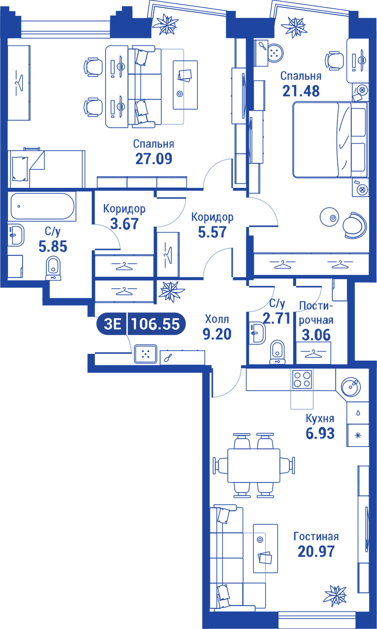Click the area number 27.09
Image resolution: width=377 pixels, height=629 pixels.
pos(154,159)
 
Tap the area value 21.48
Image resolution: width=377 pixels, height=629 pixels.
pos(301,91)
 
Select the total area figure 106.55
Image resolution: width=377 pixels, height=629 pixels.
pos(155,324)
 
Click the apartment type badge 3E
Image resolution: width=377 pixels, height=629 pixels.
pos(113,324)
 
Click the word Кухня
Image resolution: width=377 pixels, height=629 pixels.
pos(320,418)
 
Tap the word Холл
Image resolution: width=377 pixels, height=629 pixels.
pos(217,319)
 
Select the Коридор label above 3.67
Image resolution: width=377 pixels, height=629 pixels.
pos(124,209)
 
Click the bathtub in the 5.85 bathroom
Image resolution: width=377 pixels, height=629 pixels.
pos(43,206)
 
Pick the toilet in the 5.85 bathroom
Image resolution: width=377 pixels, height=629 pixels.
pos(53,268)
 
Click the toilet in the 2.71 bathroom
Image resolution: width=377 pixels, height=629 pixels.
pos(277,352)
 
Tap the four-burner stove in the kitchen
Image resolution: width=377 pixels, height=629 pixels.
pos(302,379)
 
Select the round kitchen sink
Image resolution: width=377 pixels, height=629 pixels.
pos(351,387)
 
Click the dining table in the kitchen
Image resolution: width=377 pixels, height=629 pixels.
pos(254,465)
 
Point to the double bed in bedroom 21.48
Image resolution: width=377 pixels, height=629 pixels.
pos(330,140)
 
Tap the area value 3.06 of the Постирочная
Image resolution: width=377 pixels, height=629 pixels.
pos(316,335)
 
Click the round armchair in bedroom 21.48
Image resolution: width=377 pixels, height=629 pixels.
pos(355,225)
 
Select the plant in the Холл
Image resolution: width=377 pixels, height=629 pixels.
pos(171,291)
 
